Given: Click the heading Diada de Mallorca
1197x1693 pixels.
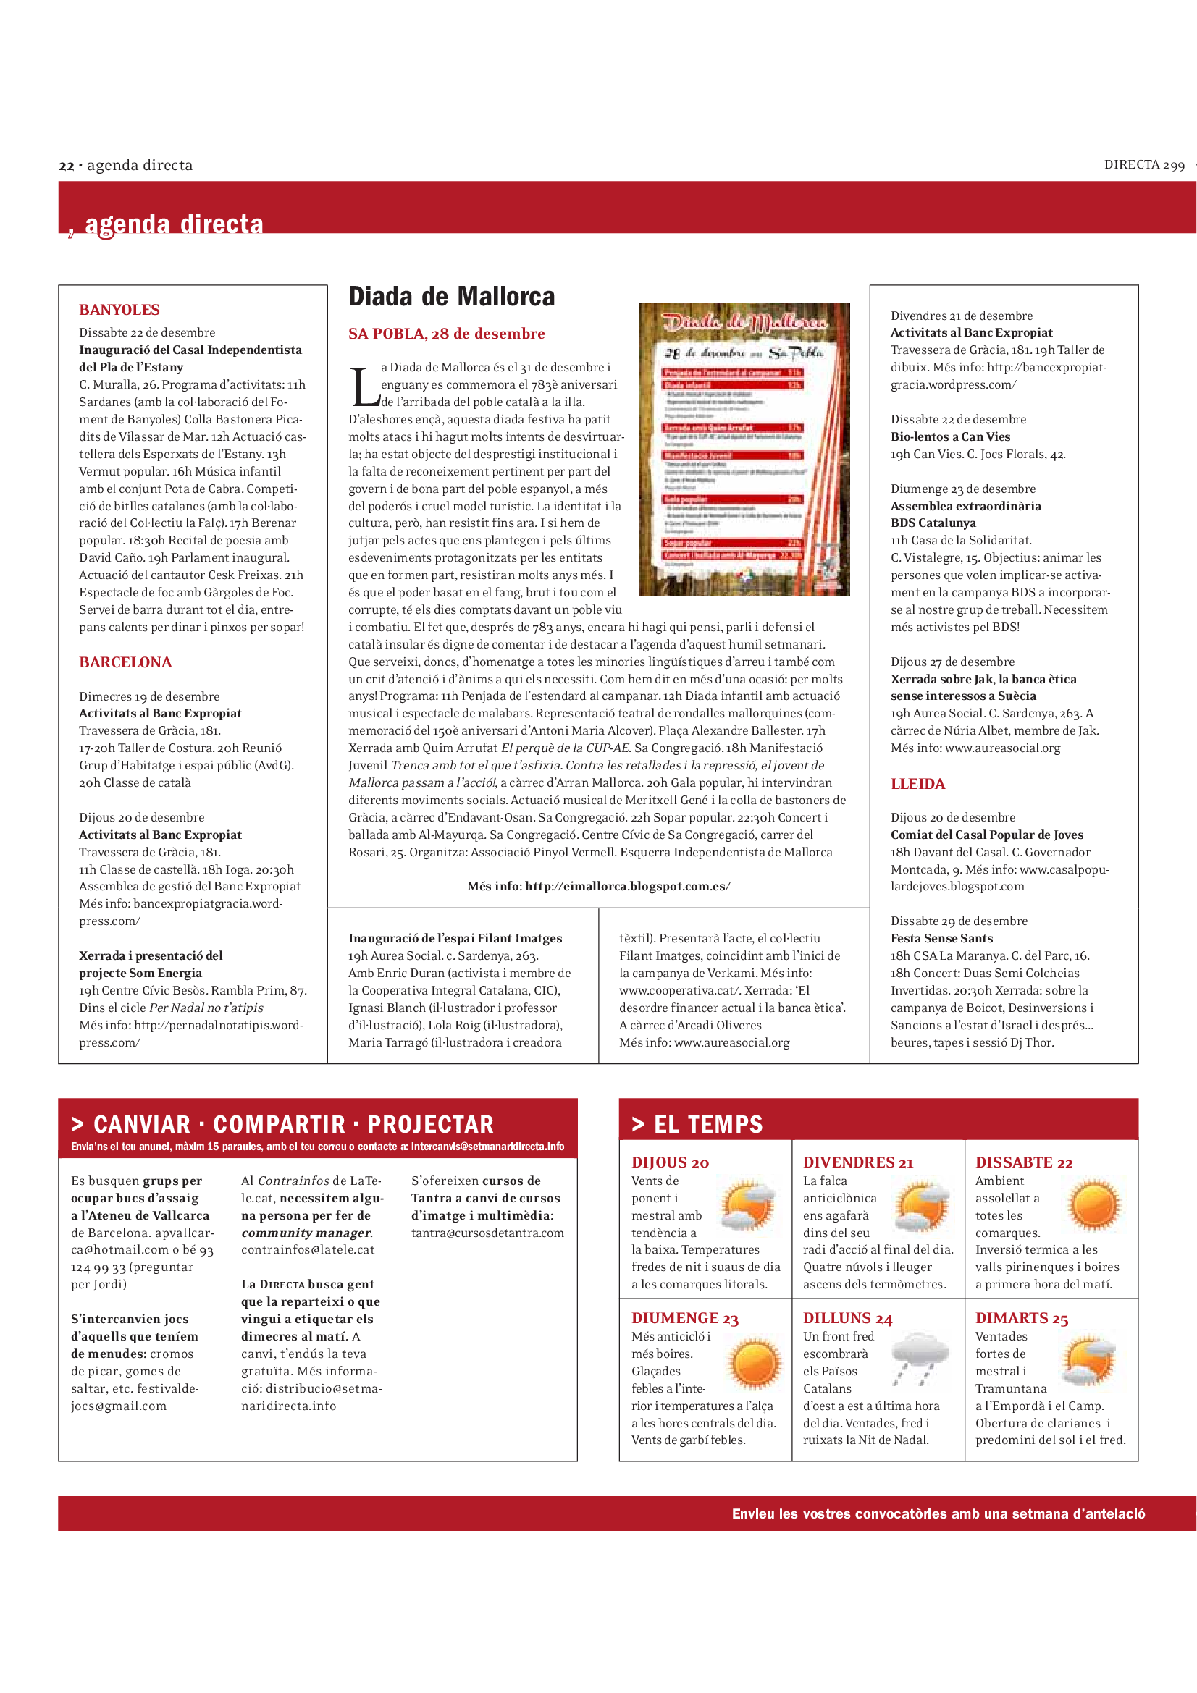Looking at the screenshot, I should pyautogui.click(x=451, y=297).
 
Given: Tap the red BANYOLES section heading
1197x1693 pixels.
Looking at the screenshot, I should pyautogui.click(x=119, y=311).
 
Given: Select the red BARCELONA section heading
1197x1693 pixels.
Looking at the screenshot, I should pyautogui.click(x=125, y=662).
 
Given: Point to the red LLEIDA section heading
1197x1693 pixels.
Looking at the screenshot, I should pyautogui.click(x=917, y=784).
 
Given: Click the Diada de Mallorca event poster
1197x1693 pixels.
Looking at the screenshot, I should pyautogui.click(x=744, y=449).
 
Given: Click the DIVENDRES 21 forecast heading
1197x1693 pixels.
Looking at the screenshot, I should pyautogui.click(x=857, y=1163).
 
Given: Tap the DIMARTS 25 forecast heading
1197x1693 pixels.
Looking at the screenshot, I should pyautogui.click(x=1022, y=1318).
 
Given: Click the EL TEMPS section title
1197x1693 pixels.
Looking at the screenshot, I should pyautogui.click(x=707, y=1125).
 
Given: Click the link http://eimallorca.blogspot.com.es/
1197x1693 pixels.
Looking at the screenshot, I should pyautogui.click(x=628, y=887).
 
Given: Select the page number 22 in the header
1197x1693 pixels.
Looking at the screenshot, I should pyautogui.click(x=67, y=166).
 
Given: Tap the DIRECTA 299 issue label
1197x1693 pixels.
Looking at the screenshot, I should pyautogui.click(x=1144, y=165).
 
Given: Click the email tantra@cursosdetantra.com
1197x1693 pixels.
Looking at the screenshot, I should pyautogui.click(x=487, y=1233).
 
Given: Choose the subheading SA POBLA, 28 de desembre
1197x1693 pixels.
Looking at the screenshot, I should pyautogui.click(x=446, y=334).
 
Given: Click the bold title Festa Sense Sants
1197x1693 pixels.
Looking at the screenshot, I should pyautogui.click(x=941, y=939).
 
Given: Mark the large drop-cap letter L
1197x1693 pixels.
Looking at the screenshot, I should pyautogui.click(x=364, y=387).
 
